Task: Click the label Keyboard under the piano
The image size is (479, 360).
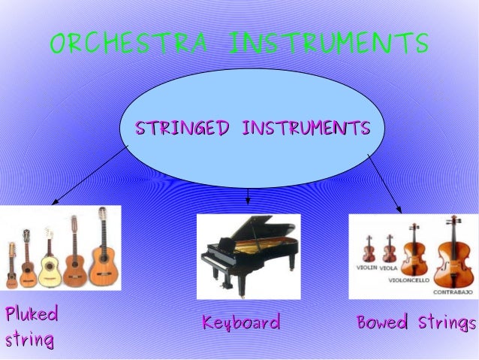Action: coord(241,323)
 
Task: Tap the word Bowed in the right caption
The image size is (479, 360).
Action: coord(381,323)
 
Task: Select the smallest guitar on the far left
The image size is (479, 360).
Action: coord(11,267)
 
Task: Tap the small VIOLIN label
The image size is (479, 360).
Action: coord(366,267)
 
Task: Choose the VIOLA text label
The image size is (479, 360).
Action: coord(389,267)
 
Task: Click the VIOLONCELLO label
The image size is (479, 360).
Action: coord(409,280)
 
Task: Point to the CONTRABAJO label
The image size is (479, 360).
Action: coord(451,290)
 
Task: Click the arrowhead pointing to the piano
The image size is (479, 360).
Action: coord(248,201)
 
